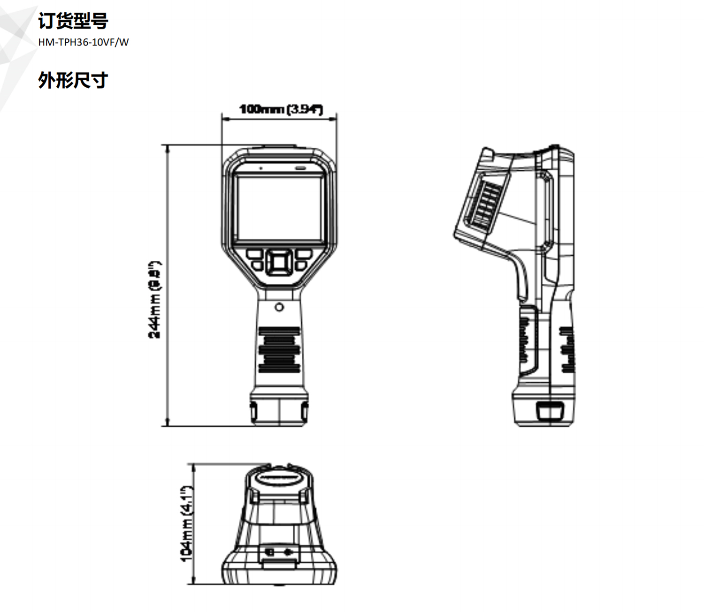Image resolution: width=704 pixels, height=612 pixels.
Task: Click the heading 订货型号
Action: point(73,21)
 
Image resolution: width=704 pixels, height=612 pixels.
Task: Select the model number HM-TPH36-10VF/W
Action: point(84,42)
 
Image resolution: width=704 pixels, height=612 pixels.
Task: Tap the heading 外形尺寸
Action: point(73,80)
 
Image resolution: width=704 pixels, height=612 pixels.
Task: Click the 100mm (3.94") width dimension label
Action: point(281,109)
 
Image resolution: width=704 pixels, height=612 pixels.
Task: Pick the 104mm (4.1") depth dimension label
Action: point(187,523)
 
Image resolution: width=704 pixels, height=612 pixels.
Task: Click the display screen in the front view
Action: point(280,208)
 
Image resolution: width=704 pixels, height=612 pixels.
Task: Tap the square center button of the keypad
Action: point(280,262)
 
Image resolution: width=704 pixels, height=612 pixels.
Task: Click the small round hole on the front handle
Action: point(279,307)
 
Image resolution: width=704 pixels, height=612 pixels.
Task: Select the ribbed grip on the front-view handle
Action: point(279,350)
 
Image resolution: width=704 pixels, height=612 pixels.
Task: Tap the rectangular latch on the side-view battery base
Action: point(550,411)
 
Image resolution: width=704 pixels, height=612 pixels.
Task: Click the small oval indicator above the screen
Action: point(300,167)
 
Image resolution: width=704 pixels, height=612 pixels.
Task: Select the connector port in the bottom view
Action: point(279,552)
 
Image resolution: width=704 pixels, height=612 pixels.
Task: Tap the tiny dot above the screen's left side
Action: point(260,167)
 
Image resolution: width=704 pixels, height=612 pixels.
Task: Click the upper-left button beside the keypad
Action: point(254,254)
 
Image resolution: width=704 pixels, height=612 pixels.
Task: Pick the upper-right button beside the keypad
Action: point(304,254)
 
